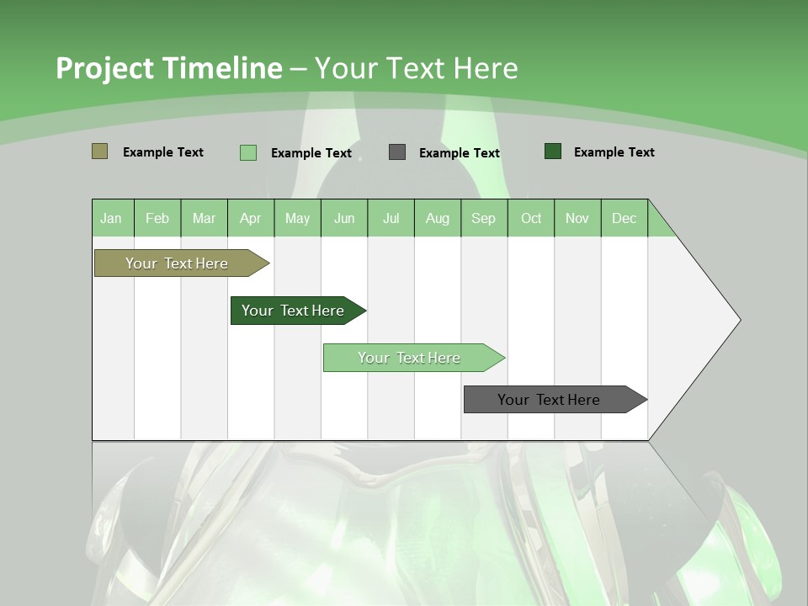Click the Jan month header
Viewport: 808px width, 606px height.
[x=111, y=218]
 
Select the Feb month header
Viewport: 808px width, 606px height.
[x=157, y=218]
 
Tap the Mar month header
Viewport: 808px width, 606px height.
[x=204, y=218]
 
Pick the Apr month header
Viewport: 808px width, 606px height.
[x=250, y=218]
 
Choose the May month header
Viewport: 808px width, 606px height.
[x=297, y=218]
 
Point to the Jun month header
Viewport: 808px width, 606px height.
[x=344, y=218]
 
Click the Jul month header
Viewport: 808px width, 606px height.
[x=391, y=218]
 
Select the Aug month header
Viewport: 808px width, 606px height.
[x=437, y=218]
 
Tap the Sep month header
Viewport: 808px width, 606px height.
[x=483, y=218]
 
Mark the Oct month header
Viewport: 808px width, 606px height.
[x=531, y=218]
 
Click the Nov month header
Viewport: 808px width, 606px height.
[x=577, y=218]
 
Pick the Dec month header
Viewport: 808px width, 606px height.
[x=624, y=218]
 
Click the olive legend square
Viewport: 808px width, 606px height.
[x=99, y=151]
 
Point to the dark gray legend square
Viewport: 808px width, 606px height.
[x=397, y=152]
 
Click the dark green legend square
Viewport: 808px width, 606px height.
[x=553, y=151]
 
